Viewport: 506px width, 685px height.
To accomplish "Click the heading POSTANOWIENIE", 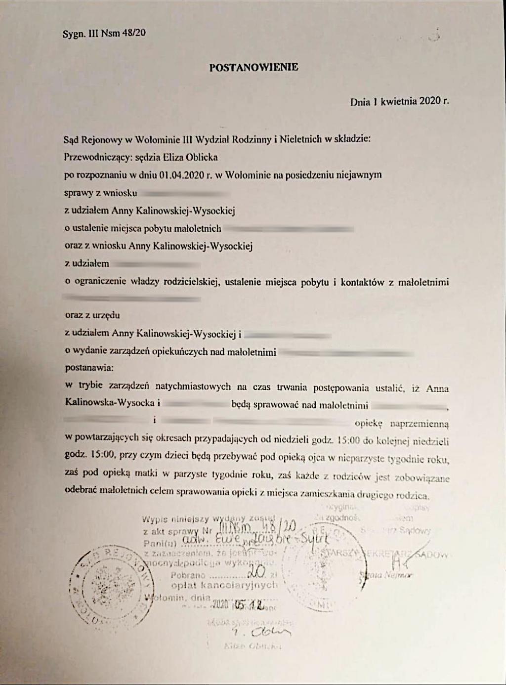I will (x=253, y=67).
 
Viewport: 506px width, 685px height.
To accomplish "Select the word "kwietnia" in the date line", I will (x=399, y=102).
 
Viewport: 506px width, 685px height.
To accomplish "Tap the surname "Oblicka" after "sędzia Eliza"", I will (x=202, y=158).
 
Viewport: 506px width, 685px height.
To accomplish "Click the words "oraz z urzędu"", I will (x=92, y=315).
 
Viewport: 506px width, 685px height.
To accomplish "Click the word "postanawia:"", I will (x=89, y=368).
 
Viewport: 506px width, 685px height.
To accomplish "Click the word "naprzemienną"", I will (x=420, y=424).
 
